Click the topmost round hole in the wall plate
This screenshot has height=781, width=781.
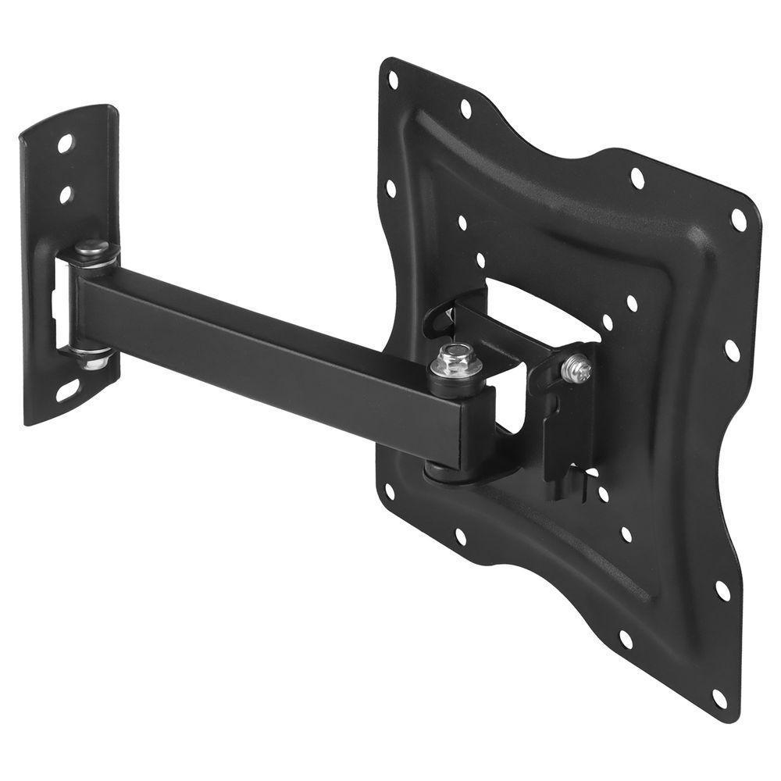pos(65,143)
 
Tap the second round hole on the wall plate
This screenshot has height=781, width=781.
pos(66,191)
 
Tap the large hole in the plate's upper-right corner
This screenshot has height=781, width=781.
pos(737,221)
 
